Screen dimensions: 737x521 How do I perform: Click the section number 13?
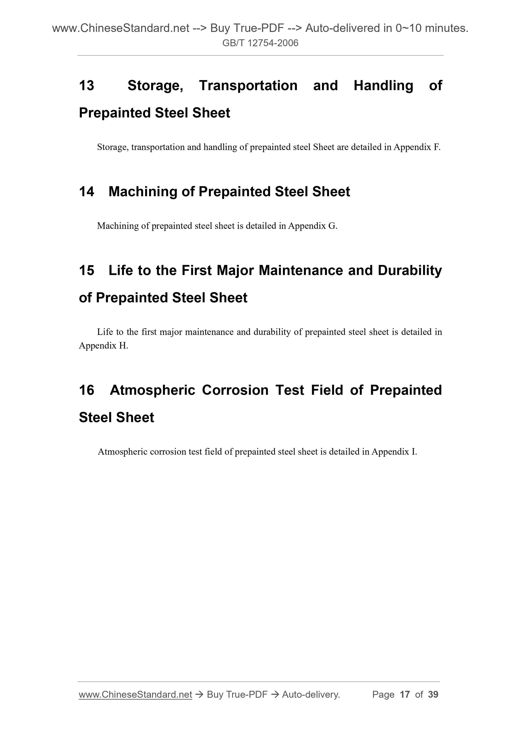click(x=86, y=86)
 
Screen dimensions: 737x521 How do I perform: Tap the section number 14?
click(x=86, y=192)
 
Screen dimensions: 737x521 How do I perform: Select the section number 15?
click(x=86, y=271)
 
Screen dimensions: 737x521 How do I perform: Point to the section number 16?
click(x=86, y=390)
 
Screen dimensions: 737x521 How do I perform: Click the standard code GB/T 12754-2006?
click(x=260, y=43)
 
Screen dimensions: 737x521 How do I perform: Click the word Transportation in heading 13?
click(x=248, y=86)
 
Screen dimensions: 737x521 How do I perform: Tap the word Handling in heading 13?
click(x=383, y=86)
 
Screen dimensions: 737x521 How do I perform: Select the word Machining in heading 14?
click(x=142, y=192)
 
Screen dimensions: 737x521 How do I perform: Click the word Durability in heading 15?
click(x=410, y=271)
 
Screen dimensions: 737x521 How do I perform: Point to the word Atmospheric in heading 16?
click(x=153, y=390)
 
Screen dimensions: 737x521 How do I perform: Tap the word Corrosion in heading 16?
click(x=235, y=390)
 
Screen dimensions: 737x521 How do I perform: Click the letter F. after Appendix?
click(x=437, y=147)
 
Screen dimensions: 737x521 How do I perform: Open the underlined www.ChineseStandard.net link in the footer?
click(x=135, y=695)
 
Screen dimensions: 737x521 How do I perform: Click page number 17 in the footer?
click(x=405, y=695)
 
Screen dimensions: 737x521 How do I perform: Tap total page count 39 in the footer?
click(x=433, y=695)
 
